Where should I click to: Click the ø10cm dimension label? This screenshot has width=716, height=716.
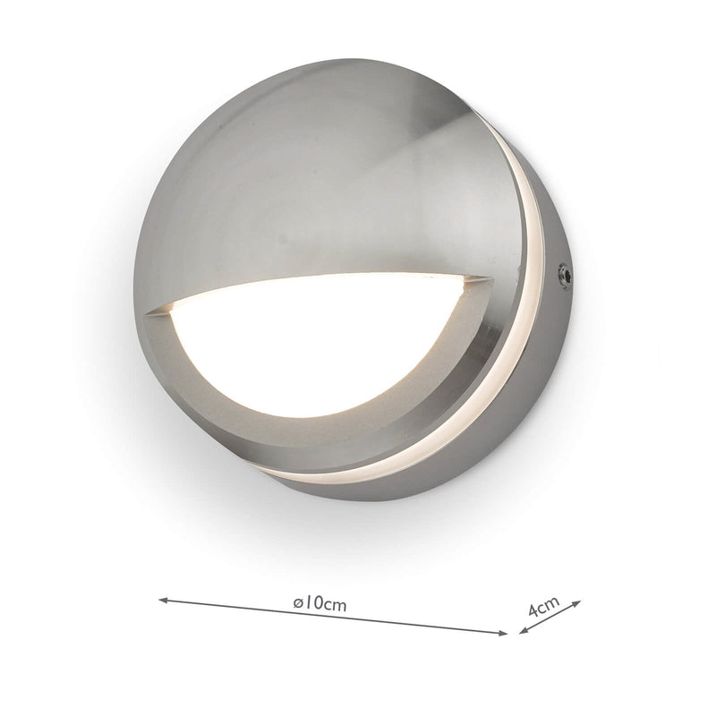point(320,604)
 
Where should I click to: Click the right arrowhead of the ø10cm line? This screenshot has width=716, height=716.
point(503,633)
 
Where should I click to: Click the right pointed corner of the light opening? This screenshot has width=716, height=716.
point(490,279)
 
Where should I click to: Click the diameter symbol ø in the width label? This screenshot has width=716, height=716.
point(298,604)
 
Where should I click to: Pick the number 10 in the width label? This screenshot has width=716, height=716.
point(312,604)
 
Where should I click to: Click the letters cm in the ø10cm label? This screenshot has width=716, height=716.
point(334,605)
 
